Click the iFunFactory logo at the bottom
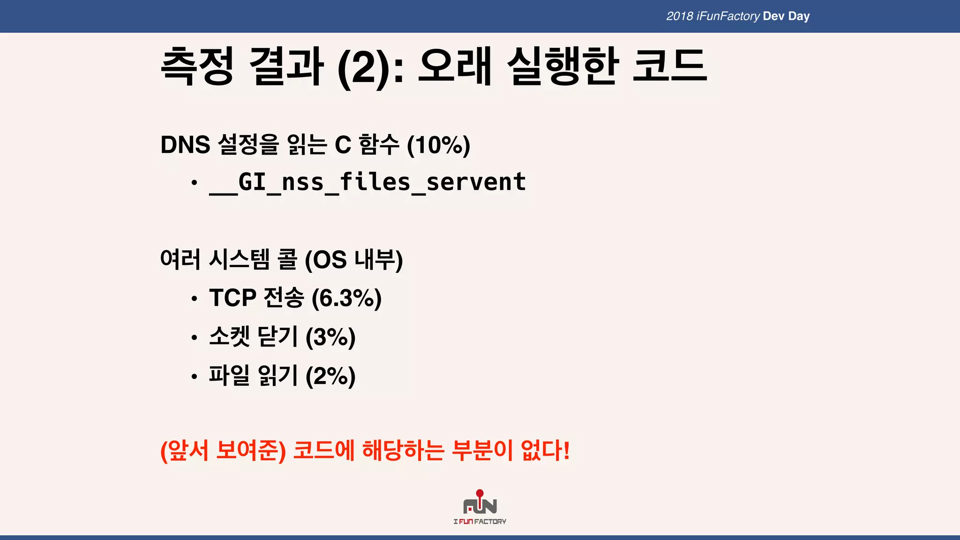(480, 507)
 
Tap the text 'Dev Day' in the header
(786, 16)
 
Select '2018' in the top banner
(679, 16)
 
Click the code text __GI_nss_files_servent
(367, 182)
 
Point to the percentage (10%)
(438, 145)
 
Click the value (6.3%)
(346, 298)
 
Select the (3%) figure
(330, 337)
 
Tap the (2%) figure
(330, 376)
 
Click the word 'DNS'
(185, 145)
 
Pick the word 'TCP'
(232, 298)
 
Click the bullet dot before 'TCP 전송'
(194, 299)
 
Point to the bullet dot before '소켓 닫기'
(194, 337)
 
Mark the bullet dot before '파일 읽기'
(194, 376)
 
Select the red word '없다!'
(545, 450)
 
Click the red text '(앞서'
(184, 450)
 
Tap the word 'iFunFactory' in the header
(728, 16)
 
